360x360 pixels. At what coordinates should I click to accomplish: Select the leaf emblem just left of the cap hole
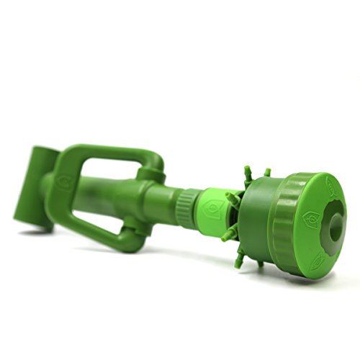pos(311,217)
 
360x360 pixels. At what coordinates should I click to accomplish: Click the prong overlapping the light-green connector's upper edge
pos(232,196)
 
